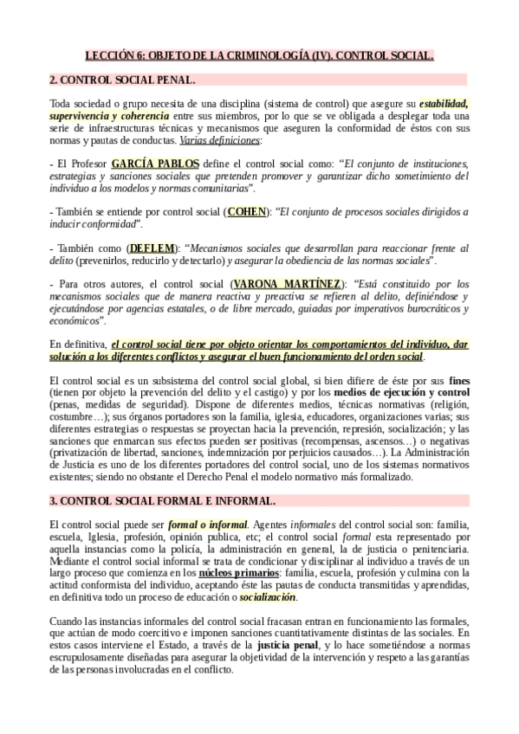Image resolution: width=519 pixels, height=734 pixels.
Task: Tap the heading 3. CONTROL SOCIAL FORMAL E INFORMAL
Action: click(x=163, y=501)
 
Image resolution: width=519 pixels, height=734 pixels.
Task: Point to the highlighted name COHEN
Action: click(x=247, y=211)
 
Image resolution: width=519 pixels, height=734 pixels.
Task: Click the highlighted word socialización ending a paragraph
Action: click(x=268, y=597)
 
